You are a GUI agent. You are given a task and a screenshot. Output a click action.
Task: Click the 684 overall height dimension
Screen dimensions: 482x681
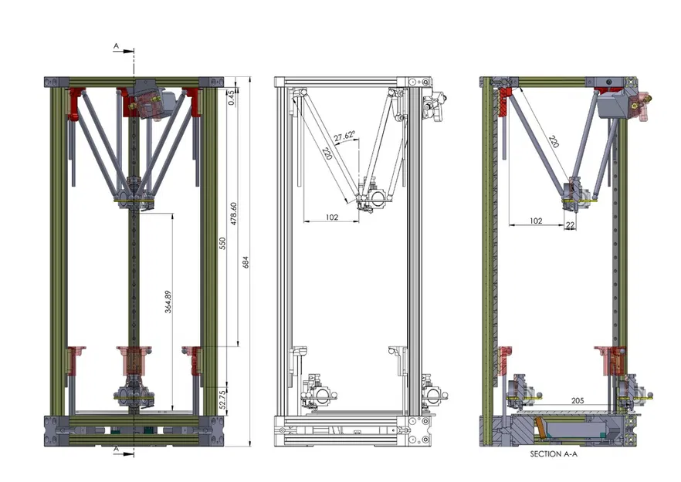(246, 263)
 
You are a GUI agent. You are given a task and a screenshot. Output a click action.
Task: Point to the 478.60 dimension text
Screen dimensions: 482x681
(234, 214)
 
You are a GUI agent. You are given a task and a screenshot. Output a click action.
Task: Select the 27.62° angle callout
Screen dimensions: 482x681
(344, 138)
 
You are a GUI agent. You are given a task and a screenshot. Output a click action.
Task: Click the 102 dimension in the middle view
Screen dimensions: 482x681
(332, 218)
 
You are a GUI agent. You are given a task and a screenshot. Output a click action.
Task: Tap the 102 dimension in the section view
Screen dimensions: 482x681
(537, 221)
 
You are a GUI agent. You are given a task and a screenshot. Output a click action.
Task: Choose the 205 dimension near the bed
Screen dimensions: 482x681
(578, 400)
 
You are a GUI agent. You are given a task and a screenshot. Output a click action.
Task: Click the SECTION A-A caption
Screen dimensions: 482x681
(555, 454)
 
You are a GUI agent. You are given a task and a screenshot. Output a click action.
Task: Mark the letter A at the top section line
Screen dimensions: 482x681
(116, 47)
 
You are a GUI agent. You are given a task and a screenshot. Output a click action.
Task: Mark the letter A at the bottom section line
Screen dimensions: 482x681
(116, 447)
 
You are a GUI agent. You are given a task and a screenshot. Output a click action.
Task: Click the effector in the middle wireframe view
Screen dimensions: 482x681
(373, 200)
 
